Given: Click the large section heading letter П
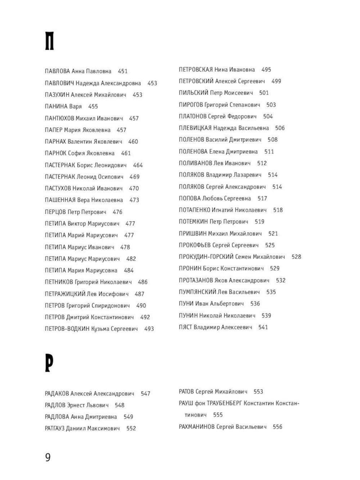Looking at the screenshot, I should click(49, 41).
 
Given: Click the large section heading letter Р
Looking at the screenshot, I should click(49, 363).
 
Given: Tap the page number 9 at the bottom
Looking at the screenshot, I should click(48, 457).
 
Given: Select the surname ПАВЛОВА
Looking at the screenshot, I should click(57, 71).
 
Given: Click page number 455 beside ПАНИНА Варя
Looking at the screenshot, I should click(93, 107).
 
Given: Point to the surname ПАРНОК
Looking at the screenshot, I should click(56, 153).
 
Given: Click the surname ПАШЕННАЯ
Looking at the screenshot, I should click(60, 200).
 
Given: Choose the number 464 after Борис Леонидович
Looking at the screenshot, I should click(138, 165).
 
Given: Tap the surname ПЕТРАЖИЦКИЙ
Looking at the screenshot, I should click(65, 294).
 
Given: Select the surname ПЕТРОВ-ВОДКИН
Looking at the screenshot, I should click(67, 329).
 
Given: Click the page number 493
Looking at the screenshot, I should click(149, 329).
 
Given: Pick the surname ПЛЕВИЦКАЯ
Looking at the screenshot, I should click(195, 128).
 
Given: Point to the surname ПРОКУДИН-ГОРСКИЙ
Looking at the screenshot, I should click(206, 257).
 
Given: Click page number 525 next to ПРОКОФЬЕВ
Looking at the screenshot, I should click(270, 245).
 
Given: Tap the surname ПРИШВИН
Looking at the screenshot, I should click(193, 234).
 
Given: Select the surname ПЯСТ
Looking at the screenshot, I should click(185, 327).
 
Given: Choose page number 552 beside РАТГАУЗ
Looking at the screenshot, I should click(131, 429).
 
